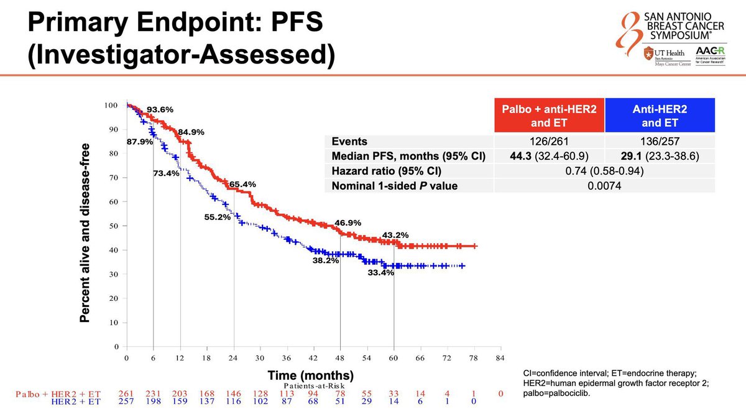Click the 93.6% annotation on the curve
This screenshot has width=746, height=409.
coord(160,109)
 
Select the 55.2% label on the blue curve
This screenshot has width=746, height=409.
coord(217,218)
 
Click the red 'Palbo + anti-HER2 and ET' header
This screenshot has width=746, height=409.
coord(548,115)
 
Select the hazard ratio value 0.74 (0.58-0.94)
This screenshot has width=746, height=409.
coord(604,170)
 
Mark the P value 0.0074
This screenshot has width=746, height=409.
coord(604,185)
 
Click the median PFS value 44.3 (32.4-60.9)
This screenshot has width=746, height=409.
coord(548,155)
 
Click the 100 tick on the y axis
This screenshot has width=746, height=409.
coord(110,105)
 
